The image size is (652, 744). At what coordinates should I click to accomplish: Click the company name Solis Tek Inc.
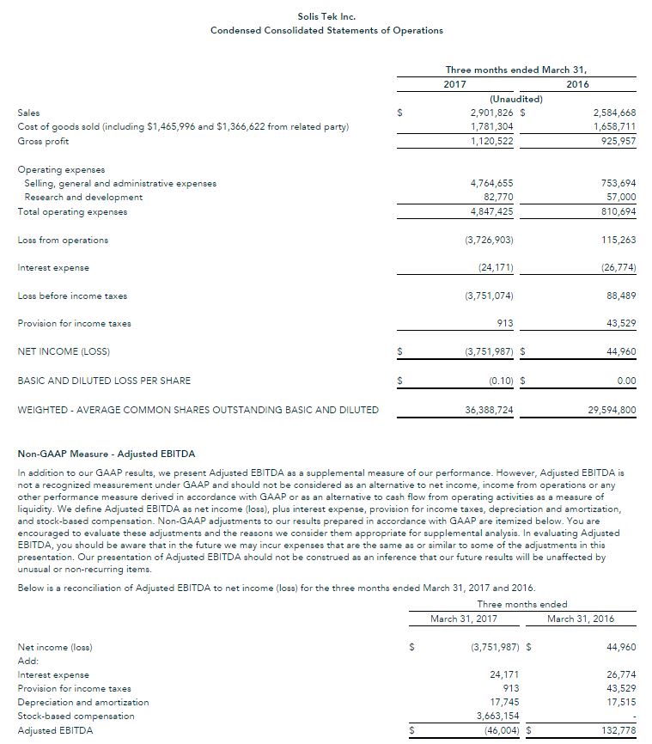click(x=326, y=16)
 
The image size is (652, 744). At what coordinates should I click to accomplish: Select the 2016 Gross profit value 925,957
click(x=616, y=141)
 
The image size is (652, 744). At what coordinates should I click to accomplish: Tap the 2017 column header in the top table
click(x=454, y=84)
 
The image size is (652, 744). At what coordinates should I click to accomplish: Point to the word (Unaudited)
click(x=515, y=99)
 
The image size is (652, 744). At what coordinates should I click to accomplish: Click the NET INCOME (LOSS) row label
click(x=64, y=351)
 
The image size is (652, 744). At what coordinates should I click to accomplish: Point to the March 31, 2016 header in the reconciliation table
click(x=580, y=619)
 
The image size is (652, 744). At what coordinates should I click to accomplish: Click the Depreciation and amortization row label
click(x=83, y=702)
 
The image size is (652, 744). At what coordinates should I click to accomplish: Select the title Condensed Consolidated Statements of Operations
click(x=326, y=30)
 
